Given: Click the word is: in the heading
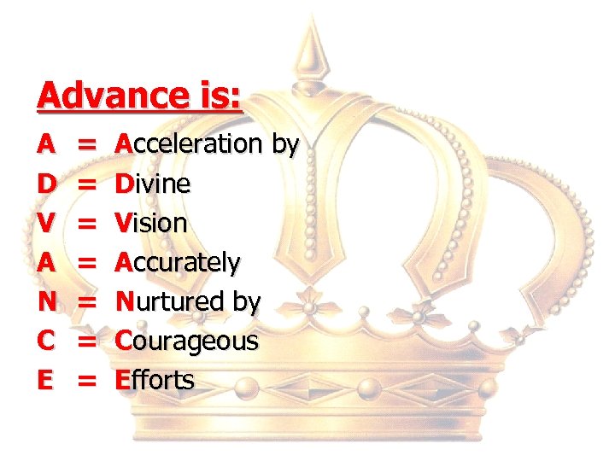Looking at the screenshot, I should [216, 95].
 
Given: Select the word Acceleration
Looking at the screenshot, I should [190, 144].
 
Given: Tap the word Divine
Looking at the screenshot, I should [154, 184].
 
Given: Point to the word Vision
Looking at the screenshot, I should [151, 223].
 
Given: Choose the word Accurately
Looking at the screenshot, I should [179, 262].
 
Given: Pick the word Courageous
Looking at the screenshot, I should [187, 341].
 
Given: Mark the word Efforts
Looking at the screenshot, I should [155, 380].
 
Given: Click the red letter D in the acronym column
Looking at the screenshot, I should [48, 184].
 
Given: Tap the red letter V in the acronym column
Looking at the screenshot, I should [48, 223].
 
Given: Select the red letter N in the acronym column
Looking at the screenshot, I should [48, 301].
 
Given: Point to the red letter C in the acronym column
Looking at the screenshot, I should [48, 341].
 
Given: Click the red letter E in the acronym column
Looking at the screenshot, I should [47, 380].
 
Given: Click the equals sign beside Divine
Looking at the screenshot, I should [86, 184].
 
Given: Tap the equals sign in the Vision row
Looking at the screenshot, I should [86, 224].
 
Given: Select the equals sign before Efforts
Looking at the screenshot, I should [86, 381].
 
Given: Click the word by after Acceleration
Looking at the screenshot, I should [284, 145].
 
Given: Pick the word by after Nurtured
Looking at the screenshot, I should [245, 302].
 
